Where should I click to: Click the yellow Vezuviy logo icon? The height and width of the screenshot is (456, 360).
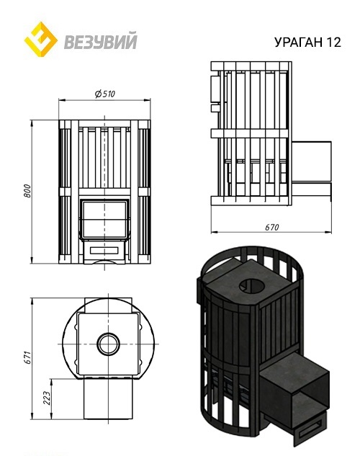(x=40, y=39)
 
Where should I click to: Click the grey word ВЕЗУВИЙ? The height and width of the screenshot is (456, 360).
(x=101, y=41)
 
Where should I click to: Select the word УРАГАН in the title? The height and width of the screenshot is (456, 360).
(x=299, y=43)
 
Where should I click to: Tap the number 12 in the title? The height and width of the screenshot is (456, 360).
(x=333, y=43)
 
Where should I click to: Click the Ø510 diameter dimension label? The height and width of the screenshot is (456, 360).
(x=105, y=94)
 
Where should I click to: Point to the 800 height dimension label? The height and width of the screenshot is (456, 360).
(x=27, y=191)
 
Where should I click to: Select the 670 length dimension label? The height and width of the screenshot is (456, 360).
(x=271, y=227)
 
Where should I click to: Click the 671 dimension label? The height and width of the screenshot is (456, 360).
(x=27, y=357)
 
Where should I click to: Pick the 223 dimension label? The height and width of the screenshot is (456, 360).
(x=47, y=398)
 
